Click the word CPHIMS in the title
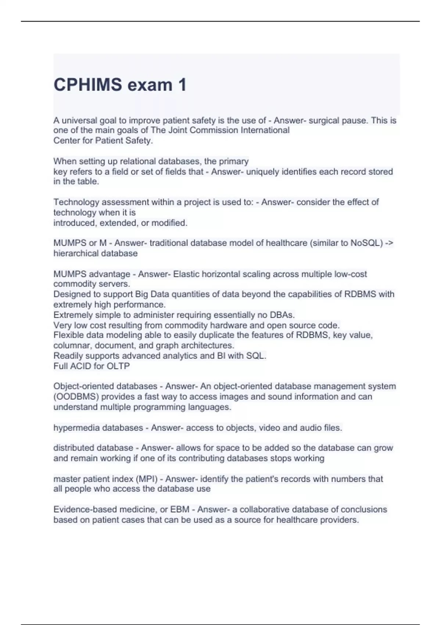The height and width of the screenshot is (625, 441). (88, 85)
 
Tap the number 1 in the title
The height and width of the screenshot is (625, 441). (182, 85)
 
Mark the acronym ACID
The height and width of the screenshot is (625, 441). (82, 366)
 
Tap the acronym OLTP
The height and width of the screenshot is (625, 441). (118, 366)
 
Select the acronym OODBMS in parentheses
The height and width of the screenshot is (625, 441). (76, 397)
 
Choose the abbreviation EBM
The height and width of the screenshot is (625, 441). (180, 510)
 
